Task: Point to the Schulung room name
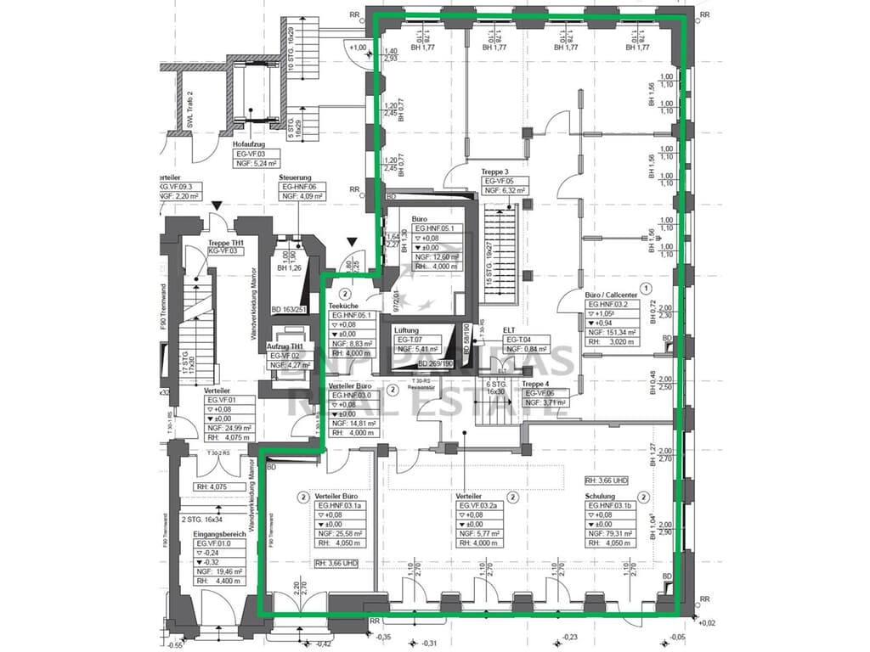click(x=600, y=497)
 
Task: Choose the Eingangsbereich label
click(x=218, y=534)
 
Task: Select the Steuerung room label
click(x=295, y=177)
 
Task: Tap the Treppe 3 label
click(x=495, y=171)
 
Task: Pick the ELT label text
click(x=509, y=329)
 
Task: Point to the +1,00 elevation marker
click(x=358, y=48)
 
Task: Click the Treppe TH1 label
click(x=226, y=242)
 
